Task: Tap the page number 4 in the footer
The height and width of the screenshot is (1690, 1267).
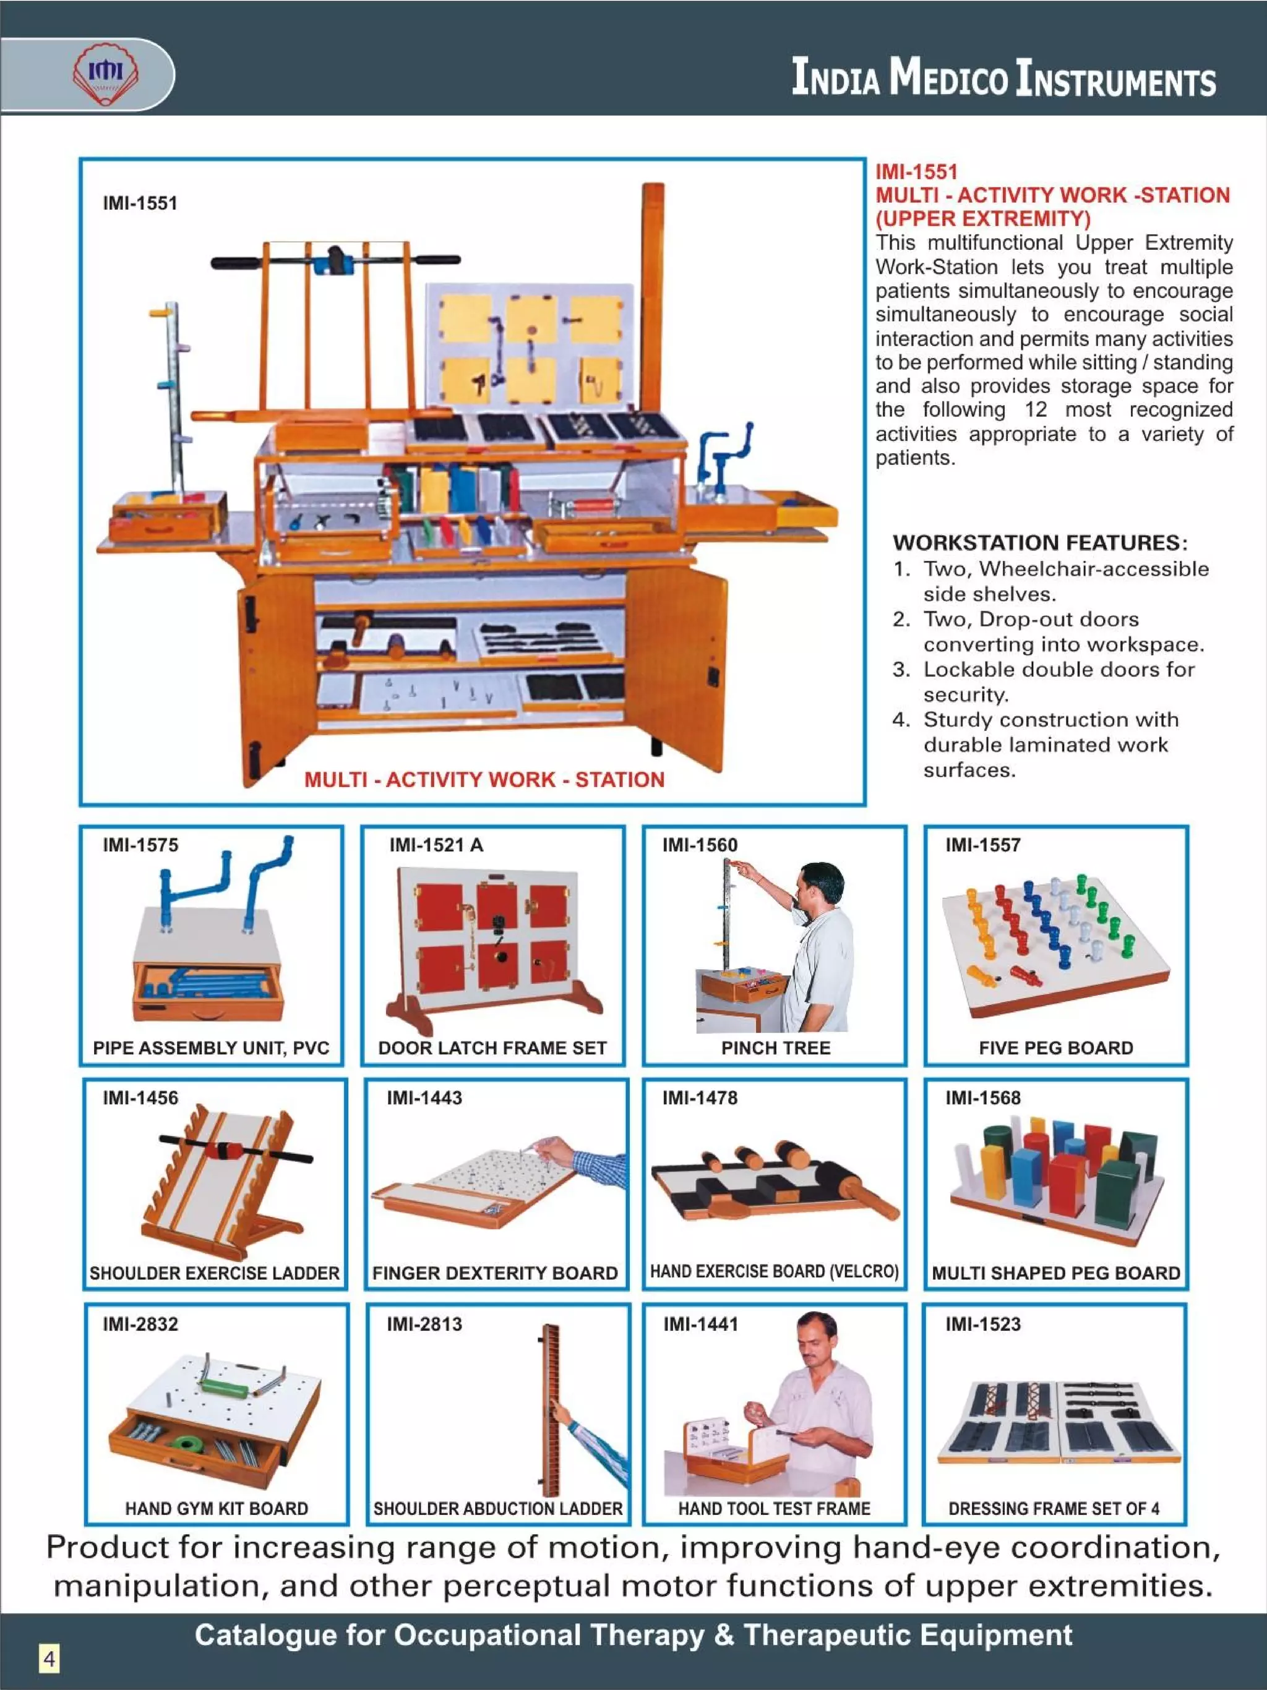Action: [49, 1658]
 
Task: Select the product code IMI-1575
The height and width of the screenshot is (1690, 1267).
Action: [140, 845]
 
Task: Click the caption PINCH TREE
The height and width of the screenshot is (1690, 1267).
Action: [776, 1048]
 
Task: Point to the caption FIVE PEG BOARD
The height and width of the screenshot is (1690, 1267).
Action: [1055, 1048]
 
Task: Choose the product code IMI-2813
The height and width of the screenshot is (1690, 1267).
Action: [424, 1324]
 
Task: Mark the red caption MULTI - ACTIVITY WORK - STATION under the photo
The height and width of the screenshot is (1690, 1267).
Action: [484, 779]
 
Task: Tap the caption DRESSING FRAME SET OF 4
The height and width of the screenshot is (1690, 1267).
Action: [1054, 1508]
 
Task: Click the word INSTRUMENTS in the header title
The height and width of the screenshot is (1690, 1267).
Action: [1115, 79]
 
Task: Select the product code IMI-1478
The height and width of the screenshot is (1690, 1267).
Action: [700, 1098]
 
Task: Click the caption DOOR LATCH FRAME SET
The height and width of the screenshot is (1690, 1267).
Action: [492, 1048]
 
